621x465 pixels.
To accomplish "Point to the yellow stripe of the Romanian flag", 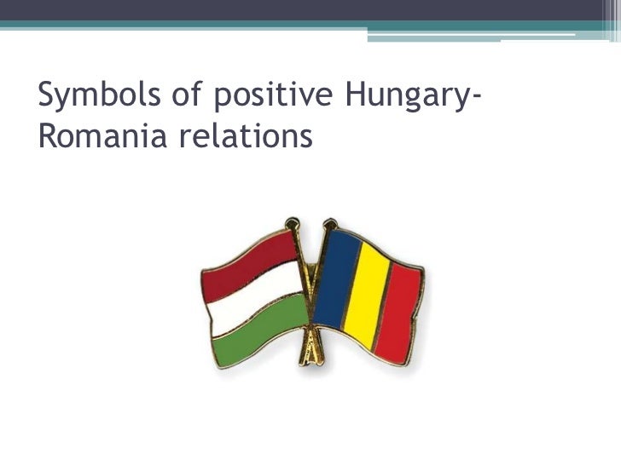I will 367,294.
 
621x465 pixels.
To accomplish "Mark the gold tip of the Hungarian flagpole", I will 293,224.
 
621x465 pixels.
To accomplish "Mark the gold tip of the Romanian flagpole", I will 328,224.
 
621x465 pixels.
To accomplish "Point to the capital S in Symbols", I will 47,99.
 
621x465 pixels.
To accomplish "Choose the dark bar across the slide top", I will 310,9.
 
